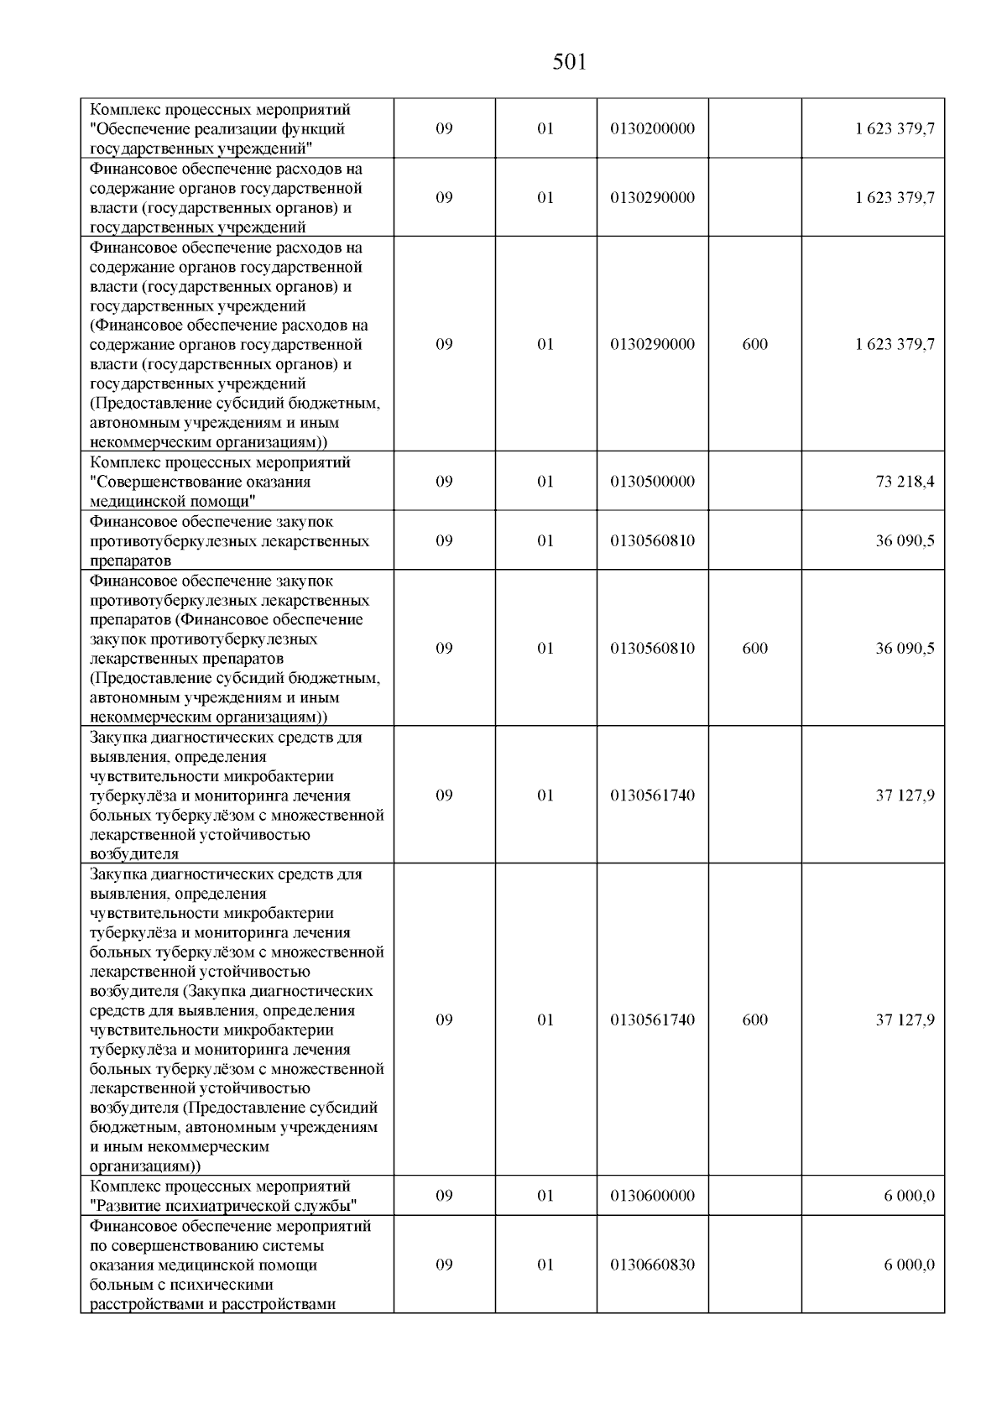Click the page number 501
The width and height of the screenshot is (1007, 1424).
tap(570, 62)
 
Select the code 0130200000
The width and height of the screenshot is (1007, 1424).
tap(653, 129)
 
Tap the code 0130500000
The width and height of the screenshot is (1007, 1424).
tap(653, 482)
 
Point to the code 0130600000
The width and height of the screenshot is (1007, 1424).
tap(653, 1196)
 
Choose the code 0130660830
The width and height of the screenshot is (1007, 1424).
tap(653, 1265)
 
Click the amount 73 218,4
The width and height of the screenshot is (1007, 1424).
tap(905, 482)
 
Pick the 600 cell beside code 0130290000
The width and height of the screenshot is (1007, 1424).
tap(755, 345)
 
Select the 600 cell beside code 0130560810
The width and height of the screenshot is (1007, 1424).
tap(755, 649)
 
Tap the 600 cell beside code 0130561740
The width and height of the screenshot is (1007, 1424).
tap(755, 1020)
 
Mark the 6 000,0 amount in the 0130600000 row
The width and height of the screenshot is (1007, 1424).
tap(909, 1196)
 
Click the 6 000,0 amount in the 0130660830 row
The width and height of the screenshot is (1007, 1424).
tap(909, 1265)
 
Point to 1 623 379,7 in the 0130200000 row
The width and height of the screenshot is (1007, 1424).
tap(895, 129)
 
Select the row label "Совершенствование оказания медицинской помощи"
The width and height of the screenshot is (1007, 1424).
tap(201, 492)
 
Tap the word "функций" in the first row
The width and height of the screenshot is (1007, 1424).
tap(316, 129)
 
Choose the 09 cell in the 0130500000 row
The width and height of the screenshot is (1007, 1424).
tap(445, 482)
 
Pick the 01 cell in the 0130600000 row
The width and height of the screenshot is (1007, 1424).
tap(545, 1196)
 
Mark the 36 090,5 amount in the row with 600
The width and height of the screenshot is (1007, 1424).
tap(905, 649)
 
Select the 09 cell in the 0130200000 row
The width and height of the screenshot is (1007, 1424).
tap(445, 129)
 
